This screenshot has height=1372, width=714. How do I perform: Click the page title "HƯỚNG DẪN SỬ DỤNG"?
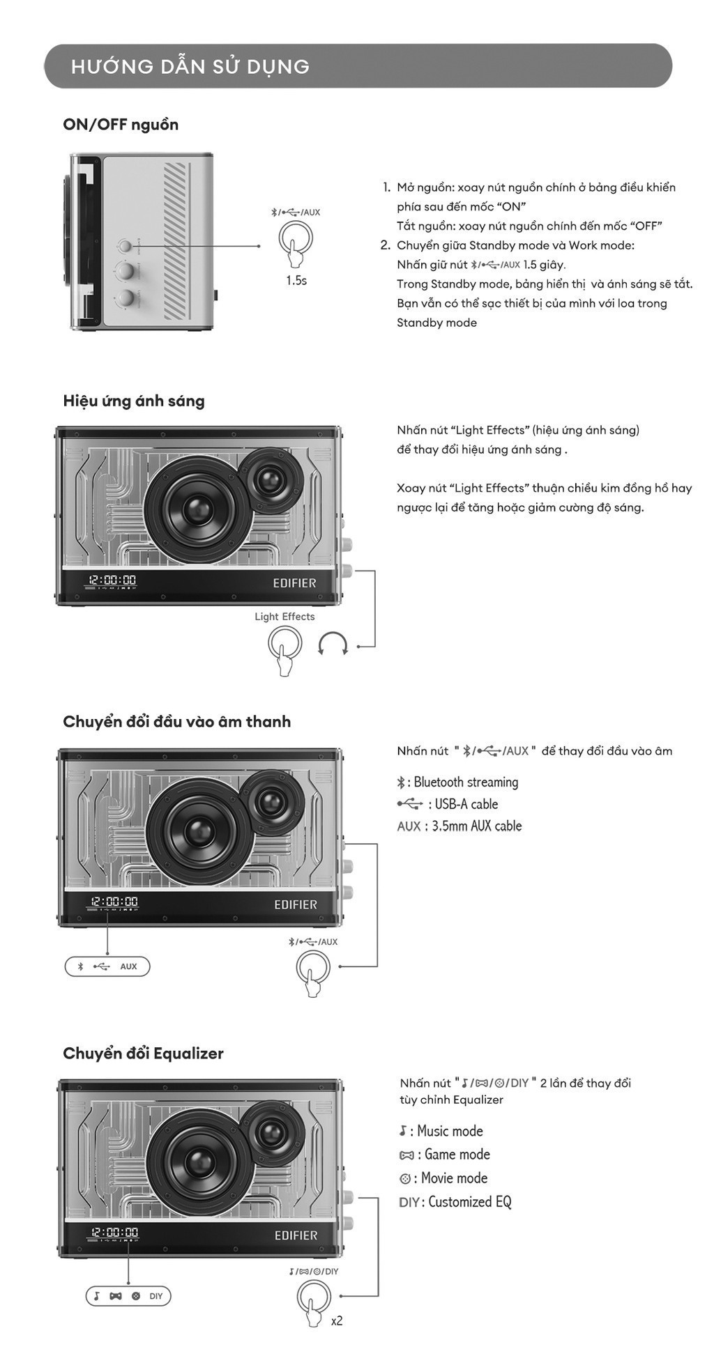pos(190,67)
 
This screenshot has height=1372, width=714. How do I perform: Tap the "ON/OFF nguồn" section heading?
pos(121,125)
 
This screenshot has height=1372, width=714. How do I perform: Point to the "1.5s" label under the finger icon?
pos(296,280)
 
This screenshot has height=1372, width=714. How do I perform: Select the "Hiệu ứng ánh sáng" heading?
pos(134,401)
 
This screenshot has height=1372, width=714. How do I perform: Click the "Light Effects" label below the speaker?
pos(284,617)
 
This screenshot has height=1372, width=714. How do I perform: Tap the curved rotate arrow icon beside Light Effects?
pos(333,644)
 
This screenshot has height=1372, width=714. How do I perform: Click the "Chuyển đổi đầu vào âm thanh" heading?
pos(176,721)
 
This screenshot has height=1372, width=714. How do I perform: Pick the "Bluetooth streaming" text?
pos(466,782)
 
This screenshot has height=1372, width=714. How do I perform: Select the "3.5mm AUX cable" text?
pos(477,826)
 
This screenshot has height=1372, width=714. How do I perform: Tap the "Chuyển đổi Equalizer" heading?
pos(143,1053)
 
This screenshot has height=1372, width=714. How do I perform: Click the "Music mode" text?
pos(450,1131)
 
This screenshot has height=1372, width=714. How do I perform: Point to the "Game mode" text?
pos(457,1155)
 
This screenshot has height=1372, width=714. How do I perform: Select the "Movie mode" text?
pos(454,1178)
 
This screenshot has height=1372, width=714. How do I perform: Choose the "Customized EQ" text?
pos(469,1202)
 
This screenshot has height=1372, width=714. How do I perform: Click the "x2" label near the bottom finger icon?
pos(337,1320)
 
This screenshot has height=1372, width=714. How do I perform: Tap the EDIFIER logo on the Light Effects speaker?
pos(294,583)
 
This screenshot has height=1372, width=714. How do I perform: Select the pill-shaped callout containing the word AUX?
pos(107,966)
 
